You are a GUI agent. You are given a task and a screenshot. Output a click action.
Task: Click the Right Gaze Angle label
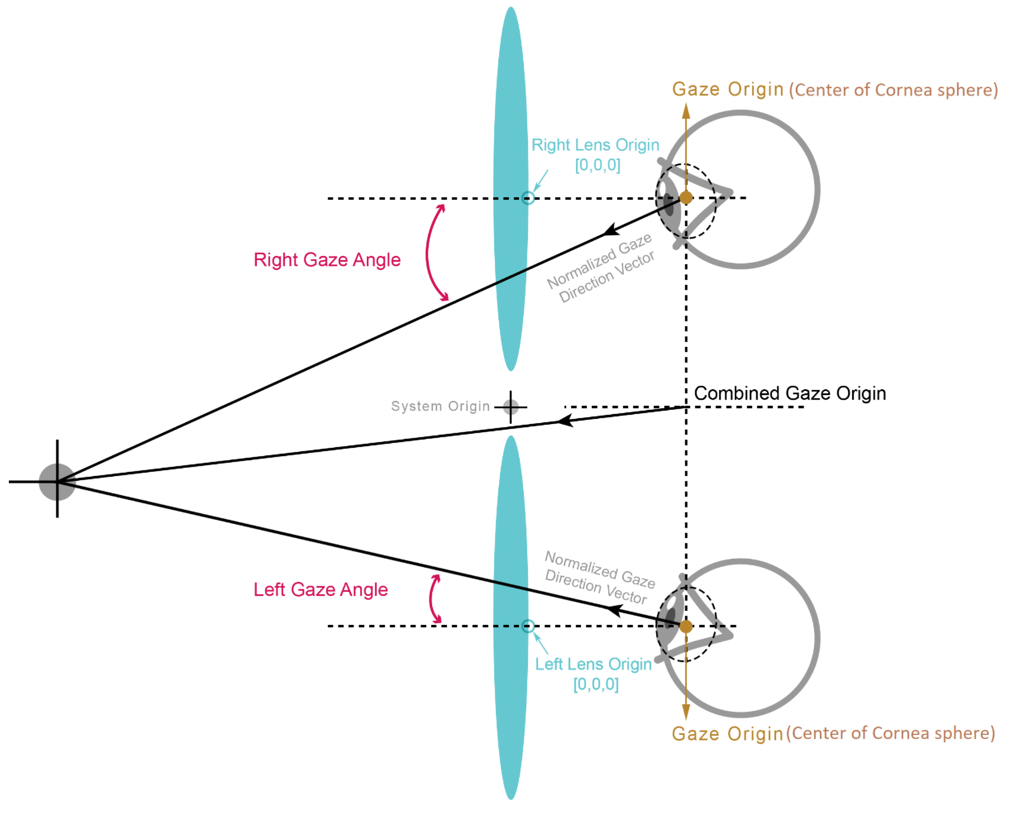[x=327, y=260]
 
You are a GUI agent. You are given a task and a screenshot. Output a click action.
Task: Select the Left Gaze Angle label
[x=321, y=590]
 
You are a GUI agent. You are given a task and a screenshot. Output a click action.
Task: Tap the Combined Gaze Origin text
[x=790, y=393]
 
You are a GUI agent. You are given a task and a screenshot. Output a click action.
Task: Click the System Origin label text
[x=441, y=406]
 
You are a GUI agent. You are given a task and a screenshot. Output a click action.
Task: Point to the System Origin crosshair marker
[x=511, y=407]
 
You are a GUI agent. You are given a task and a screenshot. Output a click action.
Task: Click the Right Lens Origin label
[x=595, y=145]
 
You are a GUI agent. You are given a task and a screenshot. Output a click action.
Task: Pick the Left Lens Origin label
[x=593, y=665]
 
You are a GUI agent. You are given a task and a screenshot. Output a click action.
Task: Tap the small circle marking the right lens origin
[x=529, y=198]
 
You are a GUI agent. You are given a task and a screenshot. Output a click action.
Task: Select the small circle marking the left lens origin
[x=529, y=626]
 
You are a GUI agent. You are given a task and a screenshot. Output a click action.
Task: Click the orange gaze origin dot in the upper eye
[x=686, y=198]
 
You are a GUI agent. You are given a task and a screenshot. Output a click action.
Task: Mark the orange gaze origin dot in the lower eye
[x=686, y=626]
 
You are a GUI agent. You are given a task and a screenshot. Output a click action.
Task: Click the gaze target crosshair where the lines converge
[x=57, y=481]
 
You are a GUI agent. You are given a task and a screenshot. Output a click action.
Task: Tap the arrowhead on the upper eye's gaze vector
[x=611, y=230]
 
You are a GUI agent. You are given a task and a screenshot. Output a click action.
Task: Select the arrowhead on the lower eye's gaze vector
[x=615, y=611]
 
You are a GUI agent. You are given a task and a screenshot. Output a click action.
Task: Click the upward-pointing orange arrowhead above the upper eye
[x=686, y=110]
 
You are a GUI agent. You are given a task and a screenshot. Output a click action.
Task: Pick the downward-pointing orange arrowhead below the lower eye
[x=686, y=712]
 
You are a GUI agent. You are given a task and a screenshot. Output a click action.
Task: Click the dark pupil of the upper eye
[x=668, y=204]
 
